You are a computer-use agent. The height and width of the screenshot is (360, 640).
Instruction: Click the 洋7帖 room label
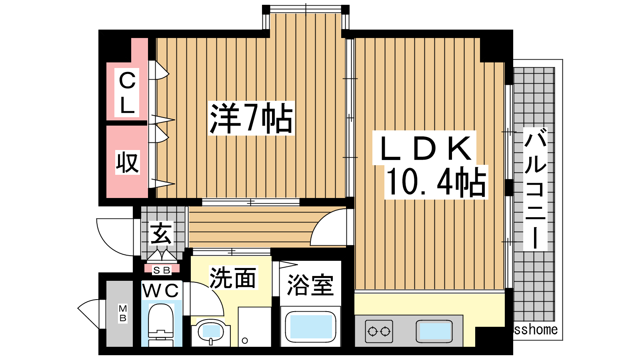[x=251, y=118]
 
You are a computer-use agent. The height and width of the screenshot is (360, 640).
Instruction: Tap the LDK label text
[x=425, y=148]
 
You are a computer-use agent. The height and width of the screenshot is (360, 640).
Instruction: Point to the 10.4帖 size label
[x=436, y=182]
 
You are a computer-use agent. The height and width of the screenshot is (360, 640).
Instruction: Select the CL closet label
[x=127, y=92]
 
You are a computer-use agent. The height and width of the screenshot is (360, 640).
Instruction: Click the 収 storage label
[x=128, y=162]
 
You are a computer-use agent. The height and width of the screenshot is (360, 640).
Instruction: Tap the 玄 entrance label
[x=161, y=233]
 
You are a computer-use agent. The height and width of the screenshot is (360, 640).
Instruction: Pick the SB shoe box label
[x=162, y=270]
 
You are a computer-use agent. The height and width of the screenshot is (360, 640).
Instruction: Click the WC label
[x=161, y=291]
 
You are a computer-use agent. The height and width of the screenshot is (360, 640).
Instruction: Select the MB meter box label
[x=123, y=313]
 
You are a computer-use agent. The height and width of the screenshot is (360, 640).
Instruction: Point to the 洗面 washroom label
[x=233, y=278]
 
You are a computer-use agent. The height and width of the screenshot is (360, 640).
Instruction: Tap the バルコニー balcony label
[x=535, y=190]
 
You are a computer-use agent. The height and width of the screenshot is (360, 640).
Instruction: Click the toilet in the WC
[x=161, y=324]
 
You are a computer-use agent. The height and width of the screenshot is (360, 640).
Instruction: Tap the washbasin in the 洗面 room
[x=211, y=332]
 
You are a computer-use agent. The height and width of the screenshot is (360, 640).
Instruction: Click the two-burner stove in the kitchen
[x=379, y=332]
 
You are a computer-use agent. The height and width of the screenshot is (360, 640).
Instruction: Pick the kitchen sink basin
[x=434, y=332]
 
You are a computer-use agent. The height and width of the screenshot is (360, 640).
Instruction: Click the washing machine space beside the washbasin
[x=254, y=326]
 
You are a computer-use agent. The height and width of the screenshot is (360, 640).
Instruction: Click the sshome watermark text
[x=536, y=330]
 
